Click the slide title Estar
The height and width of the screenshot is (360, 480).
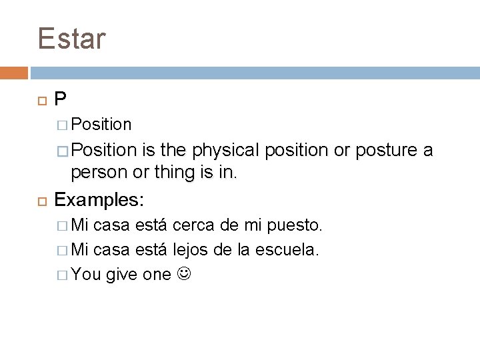click(72, 38)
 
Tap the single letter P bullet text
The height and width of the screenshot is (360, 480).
click(61, 99)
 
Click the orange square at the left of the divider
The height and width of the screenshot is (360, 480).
click(14, 71)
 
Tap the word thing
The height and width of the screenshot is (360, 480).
click(159, 173)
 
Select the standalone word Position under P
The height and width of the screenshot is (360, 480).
click(101, 125)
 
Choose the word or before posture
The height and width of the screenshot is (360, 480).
click(342, 151)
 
